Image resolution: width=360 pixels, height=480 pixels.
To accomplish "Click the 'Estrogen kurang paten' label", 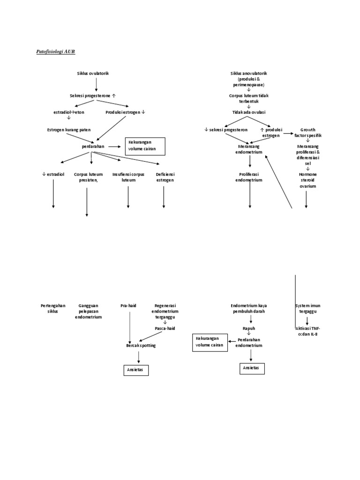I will [69, 129].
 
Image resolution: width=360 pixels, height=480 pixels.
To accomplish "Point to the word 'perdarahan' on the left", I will [92, 146].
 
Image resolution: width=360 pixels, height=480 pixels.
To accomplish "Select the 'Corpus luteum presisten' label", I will [87, 177].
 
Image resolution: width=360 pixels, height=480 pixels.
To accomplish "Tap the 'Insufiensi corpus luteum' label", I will [128, 177].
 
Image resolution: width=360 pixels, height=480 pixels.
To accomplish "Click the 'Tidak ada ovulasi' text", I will [248, 112].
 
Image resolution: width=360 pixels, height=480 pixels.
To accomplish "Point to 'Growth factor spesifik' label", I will [308, 132].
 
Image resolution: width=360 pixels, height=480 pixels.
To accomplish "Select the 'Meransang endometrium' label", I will [250, 149].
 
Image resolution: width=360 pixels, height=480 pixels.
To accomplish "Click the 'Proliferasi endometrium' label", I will [250, 177].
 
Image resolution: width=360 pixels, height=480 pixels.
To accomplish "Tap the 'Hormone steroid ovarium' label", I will [308, 180].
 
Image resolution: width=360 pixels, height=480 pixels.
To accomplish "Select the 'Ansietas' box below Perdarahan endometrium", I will [252, 368].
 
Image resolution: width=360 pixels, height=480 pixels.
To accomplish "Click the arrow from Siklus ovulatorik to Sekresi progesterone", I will [96, 84].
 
